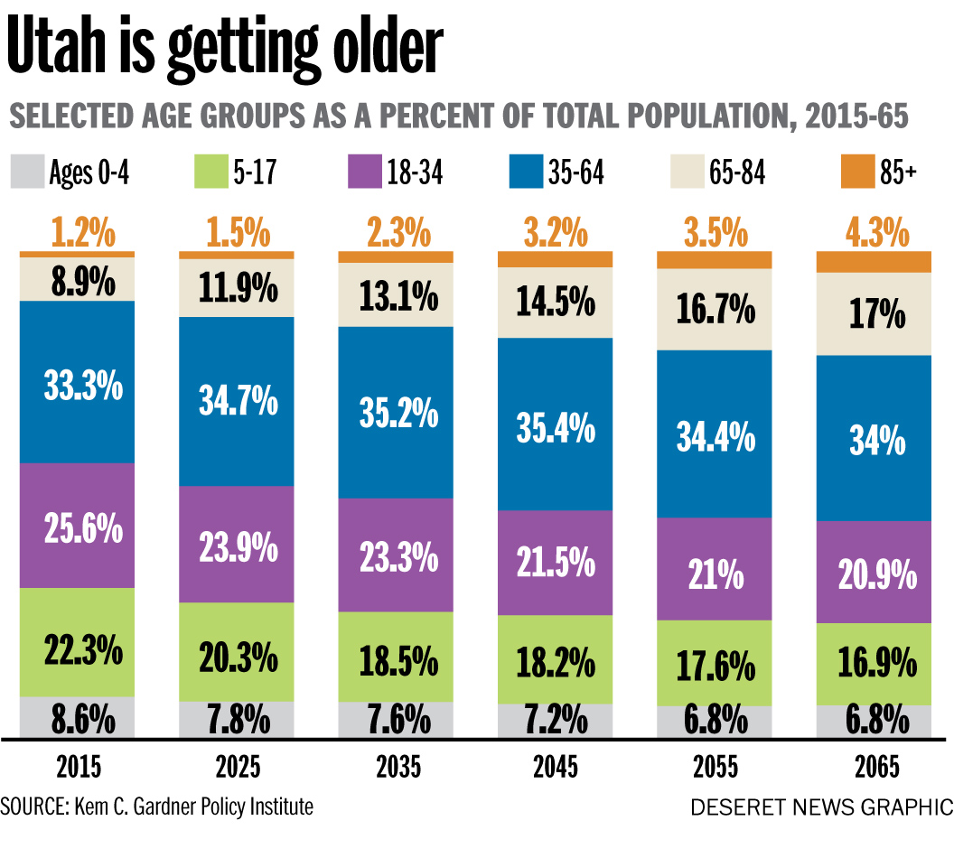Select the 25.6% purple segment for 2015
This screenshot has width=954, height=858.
pyautogui.click(x=78, y=526)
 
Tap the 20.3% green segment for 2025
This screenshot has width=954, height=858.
pyautogui.click(x=238, y=652)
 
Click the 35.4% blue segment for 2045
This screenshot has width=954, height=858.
pyautogui.click(x=556, y=426)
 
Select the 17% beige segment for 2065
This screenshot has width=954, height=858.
pyautogui.click(x=874, y=313)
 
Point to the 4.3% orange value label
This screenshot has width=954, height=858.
pyautogui.click(x=874, y=234)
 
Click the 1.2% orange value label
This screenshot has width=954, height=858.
pyautogui.click(x=78, y=234)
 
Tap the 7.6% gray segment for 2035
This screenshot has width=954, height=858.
pyautogui.click(x=398, y=720)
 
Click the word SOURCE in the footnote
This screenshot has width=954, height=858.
pyautogui.click(x=31, y=806)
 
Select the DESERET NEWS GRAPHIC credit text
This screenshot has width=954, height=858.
pyautogui.click(x=821, y=807)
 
